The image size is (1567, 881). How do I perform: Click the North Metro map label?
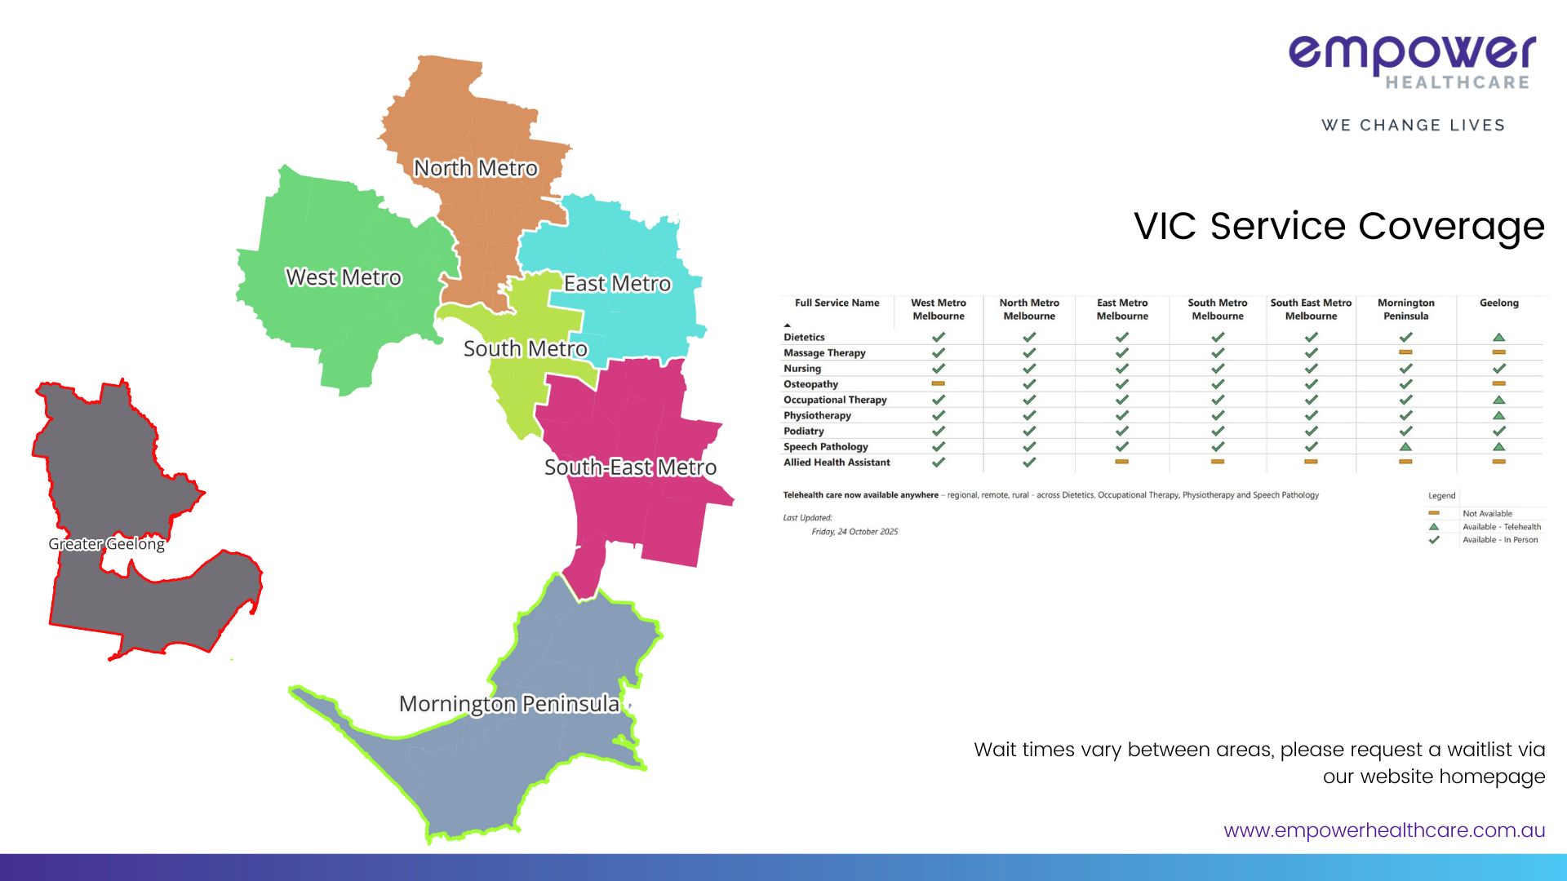coord(476,168)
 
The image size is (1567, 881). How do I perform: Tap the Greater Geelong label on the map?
coord(106,544)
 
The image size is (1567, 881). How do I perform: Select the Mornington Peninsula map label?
coord(509,704)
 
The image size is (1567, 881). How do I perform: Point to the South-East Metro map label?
coord(630,467)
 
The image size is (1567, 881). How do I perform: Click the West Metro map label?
coord(344,277)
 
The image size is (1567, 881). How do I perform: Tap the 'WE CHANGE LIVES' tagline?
coord(1414,125)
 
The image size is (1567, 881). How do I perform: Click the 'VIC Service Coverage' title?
coord(1339,226)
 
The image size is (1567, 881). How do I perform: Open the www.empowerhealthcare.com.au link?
coord(1384,830)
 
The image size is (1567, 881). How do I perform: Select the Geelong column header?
coord(1499,303)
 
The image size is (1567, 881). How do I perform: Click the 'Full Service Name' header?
coord(837,303)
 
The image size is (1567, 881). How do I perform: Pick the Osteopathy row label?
coord(810,384)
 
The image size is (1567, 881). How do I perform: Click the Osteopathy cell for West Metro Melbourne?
coord(939,383)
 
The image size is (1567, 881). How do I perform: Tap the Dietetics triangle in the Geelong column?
coord(1499,337)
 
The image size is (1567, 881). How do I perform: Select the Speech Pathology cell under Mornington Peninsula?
coord(1405,447)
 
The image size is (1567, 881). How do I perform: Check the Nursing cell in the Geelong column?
coord(1499,369)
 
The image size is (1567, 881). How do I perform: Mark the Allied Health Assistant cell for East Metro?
coord(1122,462)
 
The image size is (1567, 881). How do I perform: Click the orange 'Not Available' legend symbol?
coord(1434,513)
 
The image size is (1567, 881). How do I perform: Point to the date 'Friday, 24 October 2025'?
coord(855,532)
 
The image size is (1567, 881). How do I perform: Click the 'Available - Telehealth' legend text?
coord(1502,527)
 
